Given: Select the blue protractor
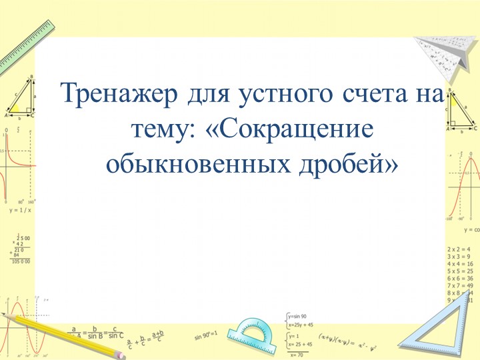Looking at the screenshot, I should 251,331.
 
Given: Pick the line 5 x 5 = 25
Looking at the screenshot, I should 459,271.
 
